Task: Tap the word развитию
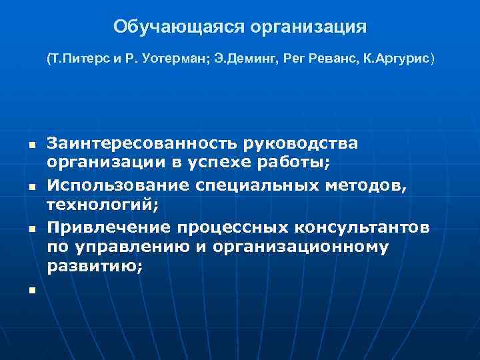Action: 93,266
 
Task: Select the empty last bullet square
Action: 31,291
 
